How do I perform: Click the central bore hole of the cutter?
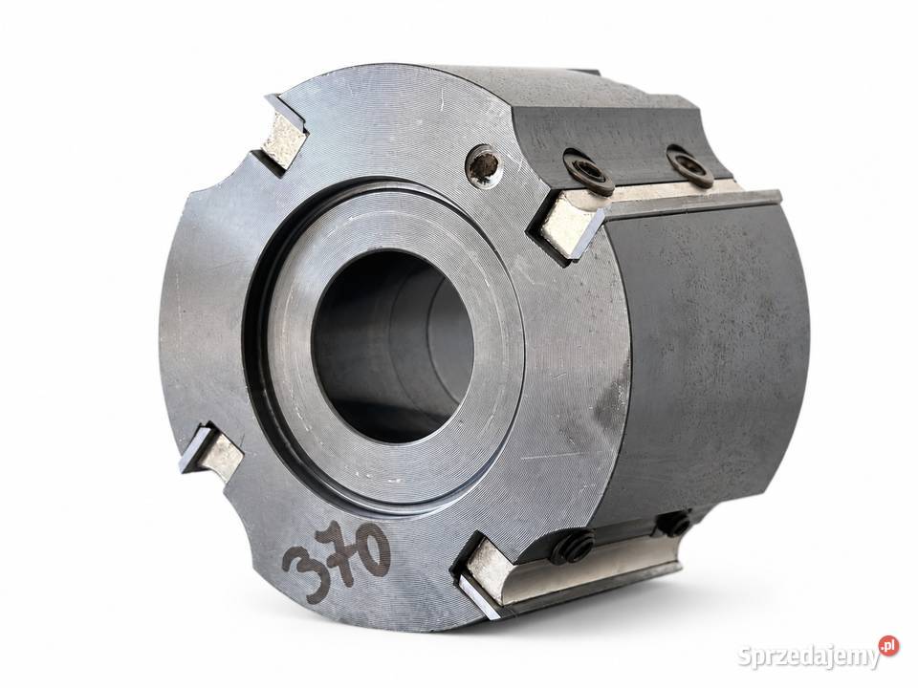click(x=393, y=346)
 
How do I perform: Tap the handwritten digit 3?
click(x=303, y=565)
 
